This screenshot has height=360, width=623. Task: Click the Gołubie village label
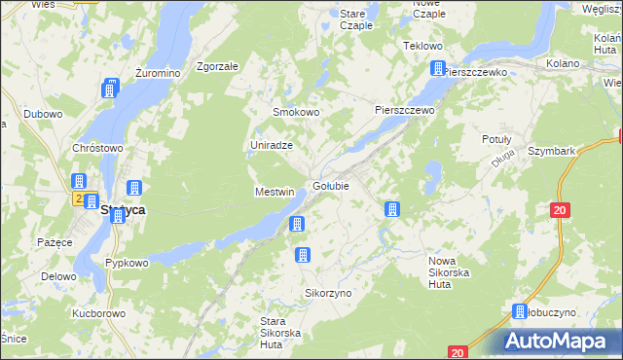(x=331, y=186)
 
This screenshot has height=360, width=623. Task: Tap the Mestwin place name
(x=275, y=192)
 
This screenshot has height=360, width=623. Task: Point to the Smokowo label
(x=296, y=112)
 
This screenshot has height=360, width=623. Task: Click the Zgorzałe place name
(x=217, y=66)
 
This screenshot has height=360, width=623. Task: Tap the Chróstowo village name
(x=97, y=148)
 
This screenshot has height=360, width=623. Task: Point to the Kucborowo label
(x=98, y=314)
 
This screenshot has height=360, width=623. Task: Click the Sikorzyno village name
(x=328, y=292)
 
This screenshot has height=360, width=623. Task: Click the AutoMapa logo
(x=559, y=341)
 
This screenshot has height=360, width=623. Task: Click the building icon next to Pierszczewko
(x=438, y=69)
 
